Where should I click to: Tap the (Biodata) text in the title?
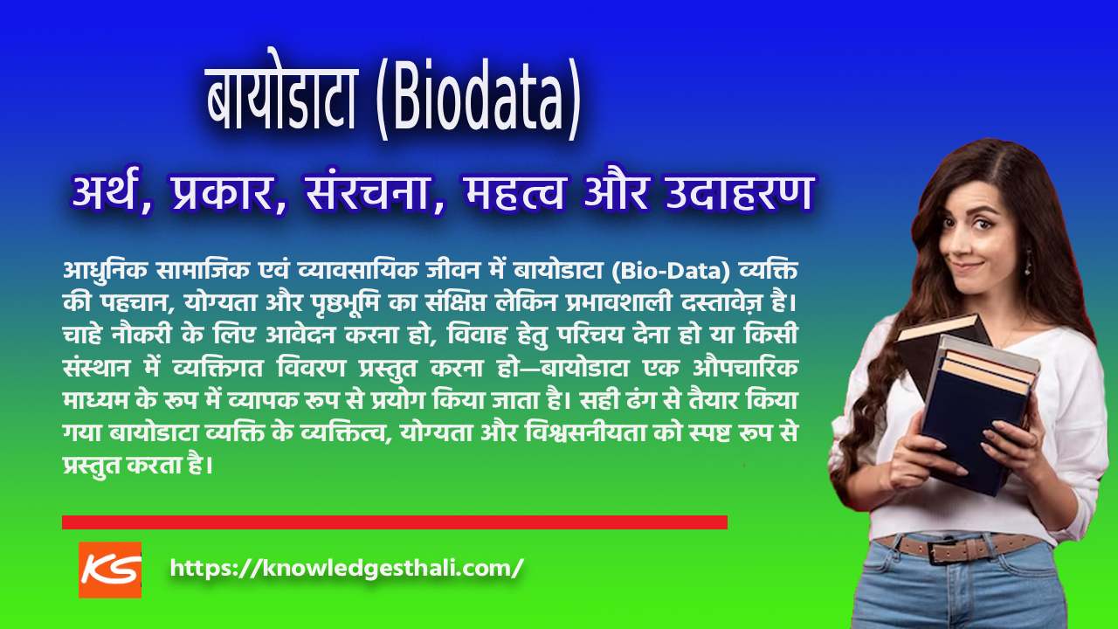click(480, 100)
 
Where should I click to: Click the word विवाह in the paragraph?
click(480, 336)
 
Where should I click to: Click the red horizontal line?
click(394, 522)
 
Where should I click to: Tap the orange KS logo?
click(110, 570)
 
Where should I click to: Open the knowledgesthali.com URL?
click(347, 568)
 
